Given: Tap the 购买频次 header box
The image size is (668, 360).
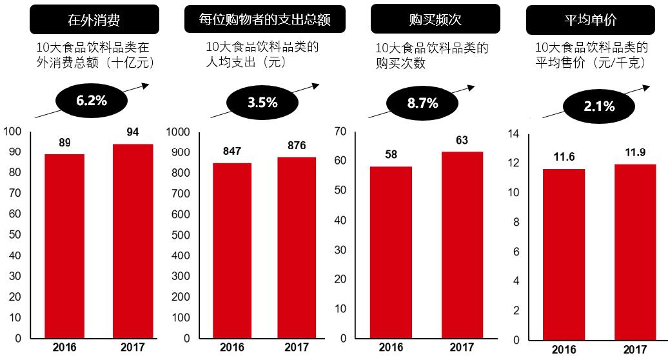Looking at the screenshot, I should tap(435, 19).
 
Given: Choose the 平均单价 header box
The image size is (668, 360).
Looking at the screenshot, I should tap(590, 20).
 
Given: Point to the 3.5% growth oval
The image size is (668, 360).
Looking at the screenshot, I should tap(262, 102).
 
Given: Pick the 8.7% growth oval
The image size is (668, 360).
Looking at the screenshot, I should tap(422, 103).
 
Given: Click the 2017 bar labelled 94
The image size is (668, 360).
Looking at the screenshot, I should tap(133, 241).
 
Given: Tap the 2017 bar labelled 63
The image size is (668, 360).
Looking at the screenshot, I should tap(462, 245).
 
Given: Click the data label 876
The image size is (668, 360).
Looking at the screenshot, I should tap(297, 145).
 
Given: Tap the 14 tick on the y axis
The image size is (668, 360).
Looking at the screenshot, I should tap(513, 134).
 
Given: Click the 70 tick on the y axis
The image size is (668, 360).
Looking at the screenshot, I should tap(340, 132).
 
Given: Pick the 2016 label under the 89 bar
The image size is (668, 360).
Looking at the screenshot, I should tap(64, 347).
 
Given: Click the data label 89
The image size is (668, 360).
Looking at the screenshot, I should tap(64, 143).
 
